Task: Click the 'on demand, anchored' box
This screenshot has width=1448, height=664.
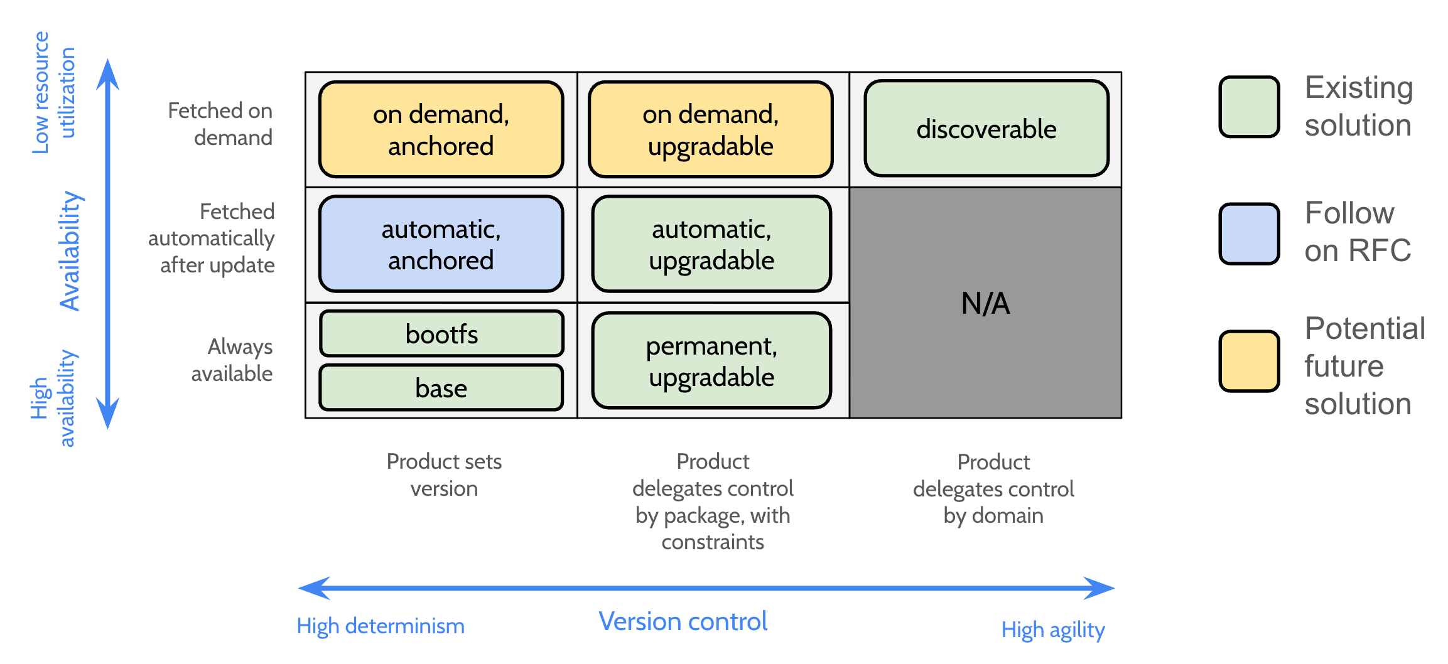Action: click(x=441, y=129)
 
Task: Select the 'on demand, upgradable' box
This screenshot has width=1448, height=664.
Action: click(x=710, y=129)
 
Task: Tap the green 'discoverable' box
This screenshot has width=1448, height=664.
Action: click(x=986, y=129)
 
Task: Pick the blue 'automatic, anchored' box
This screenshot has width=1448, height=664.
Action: click(x=441, y=244)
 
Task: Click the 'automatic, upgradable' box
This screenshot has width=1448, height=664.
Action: click(x=711, y=244)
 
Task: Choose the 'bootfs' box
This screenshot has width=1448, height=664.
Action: click(x=441, y=334)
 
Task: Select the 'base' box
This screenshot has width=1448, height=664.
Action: click(x=441, y=388)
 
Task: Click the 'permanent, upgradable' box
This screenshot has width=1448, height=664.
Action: click(x=711, y=361)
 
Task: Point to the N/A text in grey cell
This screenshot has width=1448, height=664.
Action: click(x=985, y=304)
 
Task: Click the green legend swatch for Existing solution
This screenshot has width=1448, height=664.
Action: click(x=1249, y=107)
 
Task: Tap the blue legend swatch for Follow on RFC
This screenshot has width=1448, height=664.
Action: click(x=1249, y=233)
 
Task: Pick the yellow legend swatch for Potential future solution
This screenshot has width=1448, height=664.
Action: click(x=1249, y=361)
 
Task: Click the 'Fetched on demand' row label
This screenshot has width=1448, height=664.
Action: click(x=221, y=124)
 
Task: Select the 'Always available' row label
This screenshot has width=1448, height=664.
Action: click(x=232, y=360)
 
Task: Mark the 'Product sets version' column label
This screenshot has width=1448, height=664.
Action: click(x=444, y=474)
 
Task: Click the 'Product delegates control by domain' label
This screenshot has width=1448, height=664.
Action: click(x=993, y=488)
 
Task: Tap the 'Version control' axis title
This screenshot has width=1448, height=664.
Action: click(x=683, y=621)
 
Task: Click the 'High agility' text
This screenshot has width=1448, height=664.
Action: click(x=1052, y=629)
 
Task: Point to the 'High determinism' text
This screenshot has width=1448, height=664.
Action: click(x=381, y=626)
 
